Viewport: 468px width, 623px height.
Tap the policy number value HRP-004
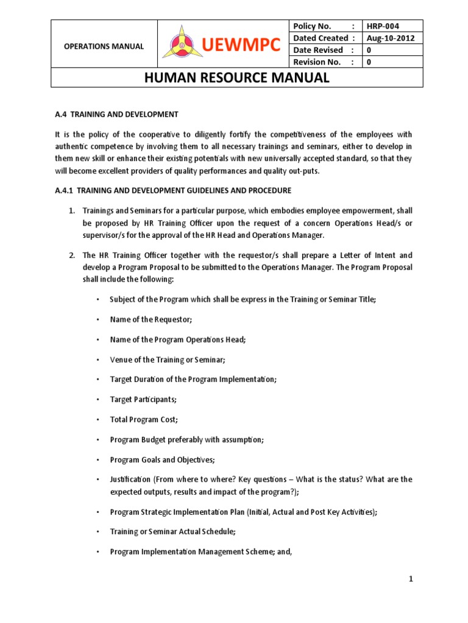tap(383, 26)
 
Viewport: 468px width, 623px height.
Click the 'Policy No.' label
tap(312, 26)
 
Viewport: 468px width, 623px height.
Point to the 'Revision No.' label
tap(317, 62)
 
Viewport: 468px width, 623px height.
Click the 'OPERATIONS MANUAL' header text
tap(105, 46)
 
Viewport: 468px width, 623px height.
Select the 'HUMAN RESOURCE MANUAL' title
tap(236, 78)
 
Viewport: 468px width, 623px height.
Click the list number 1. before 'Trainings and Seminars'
tap(71, 211)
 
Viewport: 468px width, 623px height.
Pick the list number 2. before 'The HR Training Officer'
tap(71, 255)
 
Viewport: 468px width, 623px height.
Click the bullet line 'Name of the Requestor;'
tap(151, 319)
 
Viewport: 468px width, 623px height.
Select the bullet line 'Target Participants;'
tap(144, 400)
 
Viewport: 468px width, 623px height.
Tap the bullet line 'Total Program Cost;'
tap(144, 419)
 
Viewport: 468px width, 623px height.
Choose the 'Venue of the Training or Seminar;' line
tap(168, 360)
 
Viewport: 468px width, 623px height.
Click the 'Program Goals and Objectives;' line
tap(161, 459)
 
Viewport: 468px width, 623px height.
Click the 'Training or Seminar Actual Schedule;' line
tap(172, 531)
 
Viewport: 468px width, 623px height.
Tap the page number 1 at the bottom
tap(411, 579)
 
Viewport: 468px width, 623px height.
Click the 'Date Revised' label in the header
tap(317, 50)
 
